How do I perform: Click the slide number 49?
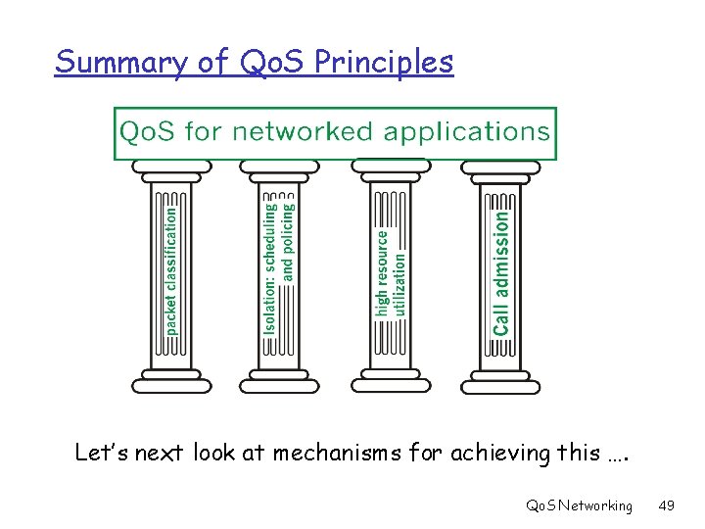[667, 505]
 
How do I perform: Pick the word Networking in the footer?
[596, 505]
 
